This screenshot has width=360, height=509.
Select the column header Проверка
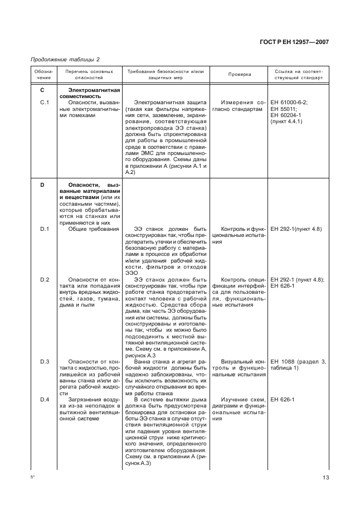point(240,75)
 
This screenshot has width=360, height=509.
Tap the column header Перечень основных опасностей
point(89,75)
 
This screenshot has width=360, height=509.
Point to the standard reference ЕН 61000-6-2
point(289,102)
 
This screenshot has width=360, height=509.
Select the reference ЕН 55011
point(283,109)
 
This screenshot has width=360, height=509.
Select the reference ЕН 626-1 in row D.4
point(282,400)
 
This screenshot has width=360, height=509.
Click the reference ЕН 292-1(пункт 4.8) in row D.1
point(295,229)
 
